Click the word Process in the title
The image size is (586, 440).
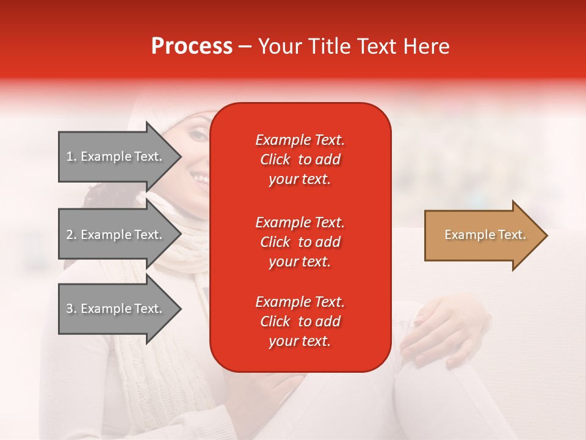[x=192, y=46]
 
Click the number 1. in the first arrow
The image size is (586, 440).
[x=71, y=156]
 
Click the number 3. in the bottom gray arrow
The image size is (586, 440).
[x=71, y=309]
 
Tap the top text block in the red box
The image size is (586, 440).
[x=300, y=159]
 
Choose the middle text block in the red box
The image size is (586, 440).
[x=300, y=242]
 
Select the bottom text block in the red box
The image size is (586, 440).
[x=300, y=321]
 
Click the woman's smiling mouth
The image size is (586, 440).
[x=198, y=178]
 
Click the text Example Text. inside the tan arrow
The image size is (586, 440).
[x=485, y=235]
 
